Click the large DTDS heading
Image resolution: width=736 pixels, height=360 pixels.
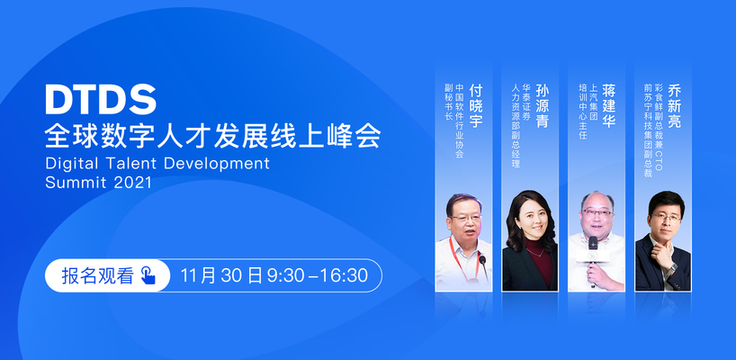pos(101,100)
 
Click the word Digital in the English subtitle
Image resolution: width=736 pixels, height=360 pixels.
pos(72,164)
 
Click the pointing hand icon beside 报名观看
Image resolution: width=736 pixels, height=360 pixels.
pos(148,275)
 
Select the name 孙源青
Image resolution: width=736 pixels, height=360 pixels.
pos(543,106)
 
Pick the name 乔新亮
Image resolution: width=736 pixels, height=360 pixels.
pos(675,106)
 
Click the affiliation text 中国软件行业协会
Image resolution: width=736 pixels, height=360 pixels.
pos(460,121)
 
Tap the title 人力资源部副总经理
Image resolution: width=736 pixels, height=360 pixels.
pos(516,126)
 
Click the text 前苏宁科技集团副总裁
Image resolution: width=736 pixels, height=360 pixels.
pos(648,131)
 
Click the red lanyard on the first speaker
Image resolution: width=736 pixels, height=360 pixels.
pos(462,257)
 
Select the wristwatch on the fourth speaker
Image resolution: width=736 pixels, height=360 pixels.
pos(671,269)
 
